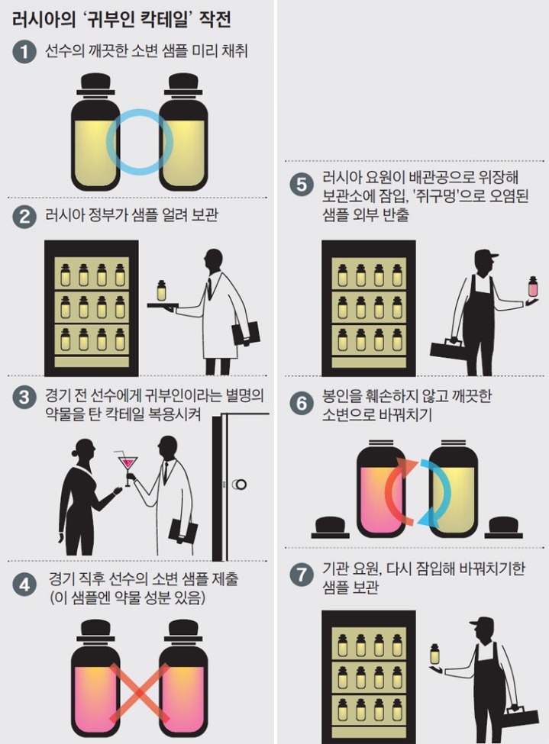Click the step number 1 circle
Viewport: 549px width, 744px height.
[24, 52]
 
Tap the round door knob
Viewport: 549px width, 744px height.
[240, 484]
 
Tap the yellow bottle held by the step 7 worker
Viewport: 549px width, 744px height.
[435, 653]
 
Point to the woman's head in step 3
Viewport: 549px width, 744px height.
[84, 448]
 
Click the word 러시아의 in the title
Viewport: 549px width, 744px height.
[42, 20]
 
